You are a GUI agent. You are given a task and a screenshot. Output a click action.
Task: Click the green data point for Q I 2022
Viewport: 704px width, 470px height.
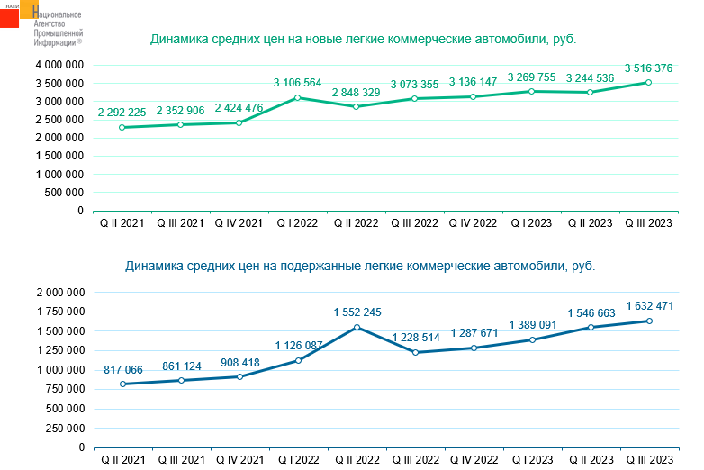pyautogui.click(x=298, y=97)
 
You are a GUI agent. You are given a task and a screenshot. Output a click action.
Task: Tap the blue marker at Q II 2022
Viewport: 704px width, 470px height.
pyautogui.click(x=357, y=327)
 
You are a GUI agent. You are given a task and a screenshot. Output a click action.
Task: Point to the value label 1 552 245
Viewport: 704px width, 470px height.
pyautogui.click(x=357, y=312)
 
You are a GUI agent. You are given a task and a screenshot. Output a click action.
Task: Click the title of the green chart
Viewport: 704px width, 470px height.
pyautogui.click(x=363, y=39)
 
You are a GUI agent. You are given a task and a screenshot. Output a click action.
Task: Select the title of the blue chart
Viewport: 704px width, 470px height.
pyautogui.click(x=360, y=267)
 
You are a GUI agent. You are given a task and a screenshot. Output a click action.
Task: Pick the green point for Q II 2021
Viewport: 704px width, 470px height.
pyautogui.click(x=122, y=127)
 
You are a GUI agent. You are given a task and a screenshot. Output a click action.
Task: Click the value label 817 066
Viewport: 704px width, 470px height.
pyautogui.click(x=122, y=368)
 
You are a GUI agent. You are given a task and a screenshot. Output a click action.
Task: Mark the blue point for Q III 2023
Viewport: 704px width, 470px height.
pyautogui.click(x=648, y=321)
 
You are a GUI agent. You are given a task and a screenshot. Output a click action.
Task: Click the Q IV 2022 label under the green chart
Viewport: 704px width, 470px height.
pyautogui.click(x=474, y=223)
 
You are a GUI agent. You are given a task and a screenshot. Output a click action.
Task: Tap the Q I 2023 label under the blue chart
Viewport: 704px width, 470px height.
pyautogui.click(x=532, y=460)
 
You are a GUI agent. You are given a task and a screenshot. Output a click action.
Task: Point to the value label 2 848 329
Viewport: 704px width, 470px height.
pyautogui.click(x=357, y=92)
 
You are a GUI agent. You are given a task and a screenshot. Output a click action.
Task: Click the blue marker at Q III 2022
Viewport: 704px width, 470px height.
pyautogui.click(x=415, y=352)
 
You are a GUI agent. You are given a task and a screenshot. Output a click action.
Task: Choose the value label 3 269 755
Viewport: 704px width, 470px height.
pyautogui.click(x=532, y=77)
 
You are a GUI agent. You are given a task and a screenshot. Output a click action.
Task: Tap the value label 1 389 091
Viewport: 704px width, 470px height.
pyautogui.click(x=532, y=324)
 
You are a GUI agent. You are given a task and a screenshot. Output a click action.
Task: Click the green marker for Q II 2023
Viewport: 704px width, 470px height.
pyautogui.click(x=591, y=92)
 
